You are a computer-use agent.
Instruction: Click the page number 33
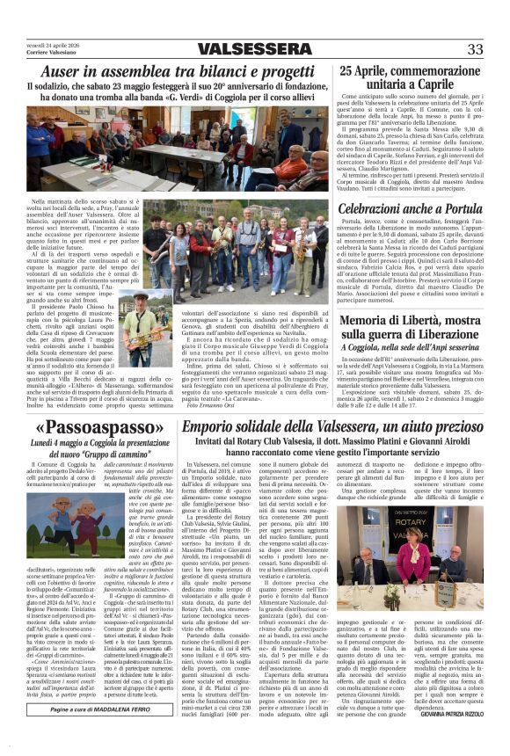click(476, 48)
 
